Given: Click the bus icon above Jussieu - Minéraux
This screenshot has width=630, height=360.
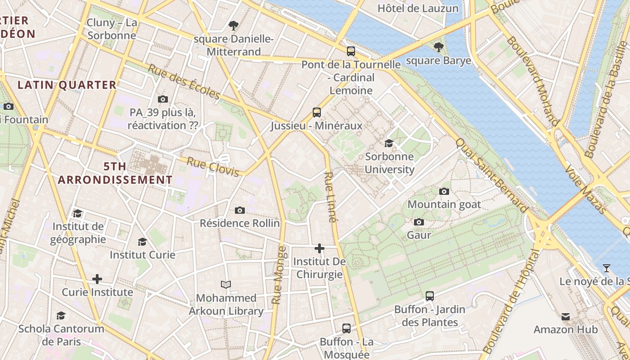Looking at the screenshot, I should tap(317, 112).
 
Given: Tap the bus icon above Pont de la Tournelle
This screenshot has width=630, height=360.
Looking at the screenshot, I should tap(351, 51).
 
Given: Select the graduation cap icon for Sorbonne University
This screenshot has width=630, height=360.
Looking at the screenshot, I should tap(389, 143).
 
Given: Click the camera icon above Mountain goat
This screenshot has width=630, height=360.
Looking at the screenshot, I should tap(444, 191).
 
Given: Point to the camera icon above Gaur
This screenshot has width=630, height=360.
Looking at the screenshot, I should tap(419, 222).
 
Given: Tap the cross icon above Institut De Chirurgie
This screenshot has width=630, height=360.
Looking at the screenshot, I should tap(319, 248).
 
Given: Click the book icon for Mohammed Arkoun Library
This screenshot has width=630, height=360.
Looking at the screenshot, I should tap(226, 284).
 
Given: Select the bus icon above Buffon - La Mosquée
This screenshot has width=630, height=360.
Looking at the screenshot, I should tap(346, 328).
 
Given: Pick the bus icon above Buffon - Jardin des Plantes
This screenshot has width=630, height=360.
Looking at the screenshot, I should tap(430, 296).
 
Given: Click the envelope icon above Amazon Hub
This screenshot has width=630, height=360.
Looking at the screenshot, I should tap(566, 316).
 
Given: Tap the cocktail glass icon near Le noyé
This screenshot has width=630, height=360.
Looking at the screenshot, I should tap(607, 268).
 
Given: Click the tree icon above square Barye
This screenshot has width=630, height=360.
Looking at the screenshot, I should tap(438, 47).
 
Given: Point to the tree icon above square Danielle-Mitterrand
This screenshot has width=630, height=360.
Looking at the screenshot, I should tap(234, 25).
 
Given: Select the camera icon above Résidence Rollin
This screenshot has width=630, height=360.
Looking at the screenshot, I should tap(240, 210).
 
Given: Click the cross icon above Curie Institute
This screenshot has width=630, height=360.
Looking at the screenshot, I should tap(97, 279).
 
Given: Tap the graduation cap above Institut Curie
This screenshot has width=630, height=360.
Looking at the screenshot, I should tap(143, 242).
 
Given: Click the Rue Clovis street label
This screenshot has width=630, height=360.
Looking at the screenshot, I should tap(213, 167).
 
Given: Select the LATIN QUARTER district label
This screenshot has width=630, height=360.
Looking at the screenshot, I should tap(67, 85).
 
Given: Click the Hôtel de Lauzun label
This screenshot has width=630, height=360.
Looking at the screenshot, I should tap(418, 8).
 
